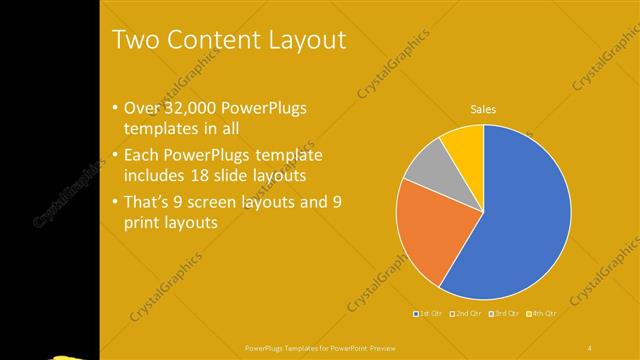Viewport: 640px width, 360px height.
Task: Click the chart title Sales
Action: coord(483,109)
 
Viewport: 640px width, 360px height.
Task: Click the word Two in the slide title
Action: coord(136,40)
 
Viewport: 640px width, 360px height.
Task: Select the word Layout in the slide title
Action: coord(308,40)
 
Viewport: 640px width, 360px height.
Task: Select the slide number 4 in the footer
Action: coord(590,347)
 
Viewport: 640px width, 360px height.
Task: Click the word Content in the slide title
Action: coord(213,40)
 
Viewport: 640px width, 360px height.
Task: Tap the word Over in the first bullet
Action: coord(144,109)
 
